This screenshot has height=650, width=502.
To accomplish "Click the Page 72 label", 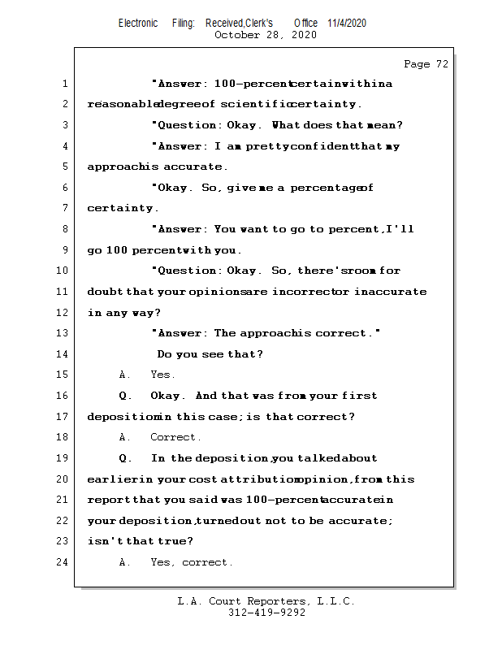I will point(426,64).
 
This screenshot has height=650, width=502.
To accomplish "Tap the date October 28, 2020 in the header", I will point(265,35).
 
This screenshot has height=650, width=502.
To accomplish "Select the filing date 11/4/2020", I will point(347,23).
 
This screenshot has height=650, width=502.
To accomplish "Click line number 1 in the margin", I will point(65,84).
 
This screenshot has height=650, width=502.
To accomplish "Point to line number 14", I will point(63,354).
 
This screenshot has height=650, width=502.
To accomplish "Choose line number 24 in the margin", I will point(63,562).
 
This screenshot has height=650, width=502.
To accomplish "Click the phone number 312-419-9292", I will point(266,613).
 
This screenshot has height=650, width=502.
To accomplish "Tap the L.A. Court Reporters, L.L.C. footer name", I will point(266,601).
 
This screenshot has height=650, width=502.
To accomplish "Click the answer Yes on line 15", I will point(162,375).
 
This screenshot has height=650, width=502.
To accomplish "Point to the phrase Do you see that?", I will point(210,354).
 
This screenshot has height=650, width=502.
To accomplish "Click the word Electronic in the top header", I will point(138,23).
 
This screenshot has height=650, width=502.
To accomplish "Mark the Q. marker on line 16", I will point(125,396).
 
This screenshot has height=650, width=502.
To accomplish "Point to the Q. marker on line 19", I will point(125,458).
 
